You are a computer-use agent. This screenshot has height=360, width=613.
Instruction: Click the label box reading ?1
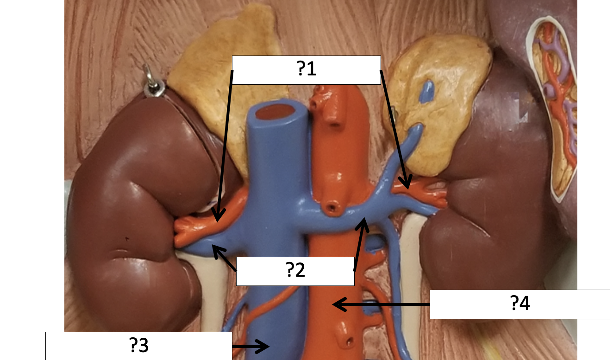point(306,70)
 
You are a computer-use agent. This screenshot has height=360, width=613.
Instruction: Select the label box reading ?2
point(295,271)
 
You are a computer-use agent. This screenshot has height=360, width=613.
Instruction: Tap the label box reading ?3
point(138,346)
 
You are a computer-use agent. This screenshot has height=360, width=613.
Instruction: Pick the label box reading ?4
point(519,304)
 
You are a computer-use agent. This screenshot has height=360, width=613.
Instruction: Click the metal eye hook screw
point(151,83)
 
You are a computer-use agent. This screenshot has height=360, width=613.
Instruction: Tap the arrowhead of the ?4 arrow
point(337,304)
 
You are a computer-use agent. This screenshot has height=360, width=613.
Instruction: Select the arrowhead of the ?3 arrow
point(266,346)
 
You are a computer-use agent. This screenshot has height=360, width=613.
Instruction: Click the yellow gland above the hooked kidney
point(218,83)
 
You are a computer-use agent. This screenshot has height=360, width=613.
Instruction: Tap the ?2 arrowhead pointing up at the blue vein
point(364,224)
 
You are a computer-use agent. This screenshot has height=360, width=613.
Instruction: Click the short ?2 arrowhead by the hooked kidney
point(215,248)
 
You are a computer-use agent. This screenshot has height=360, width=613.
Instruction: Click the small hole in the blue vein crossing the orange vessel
point(331,208)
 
